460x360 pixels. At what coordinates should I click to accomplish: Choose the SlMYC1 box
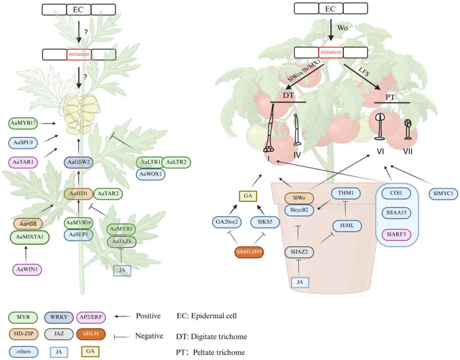pos(446,193)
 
